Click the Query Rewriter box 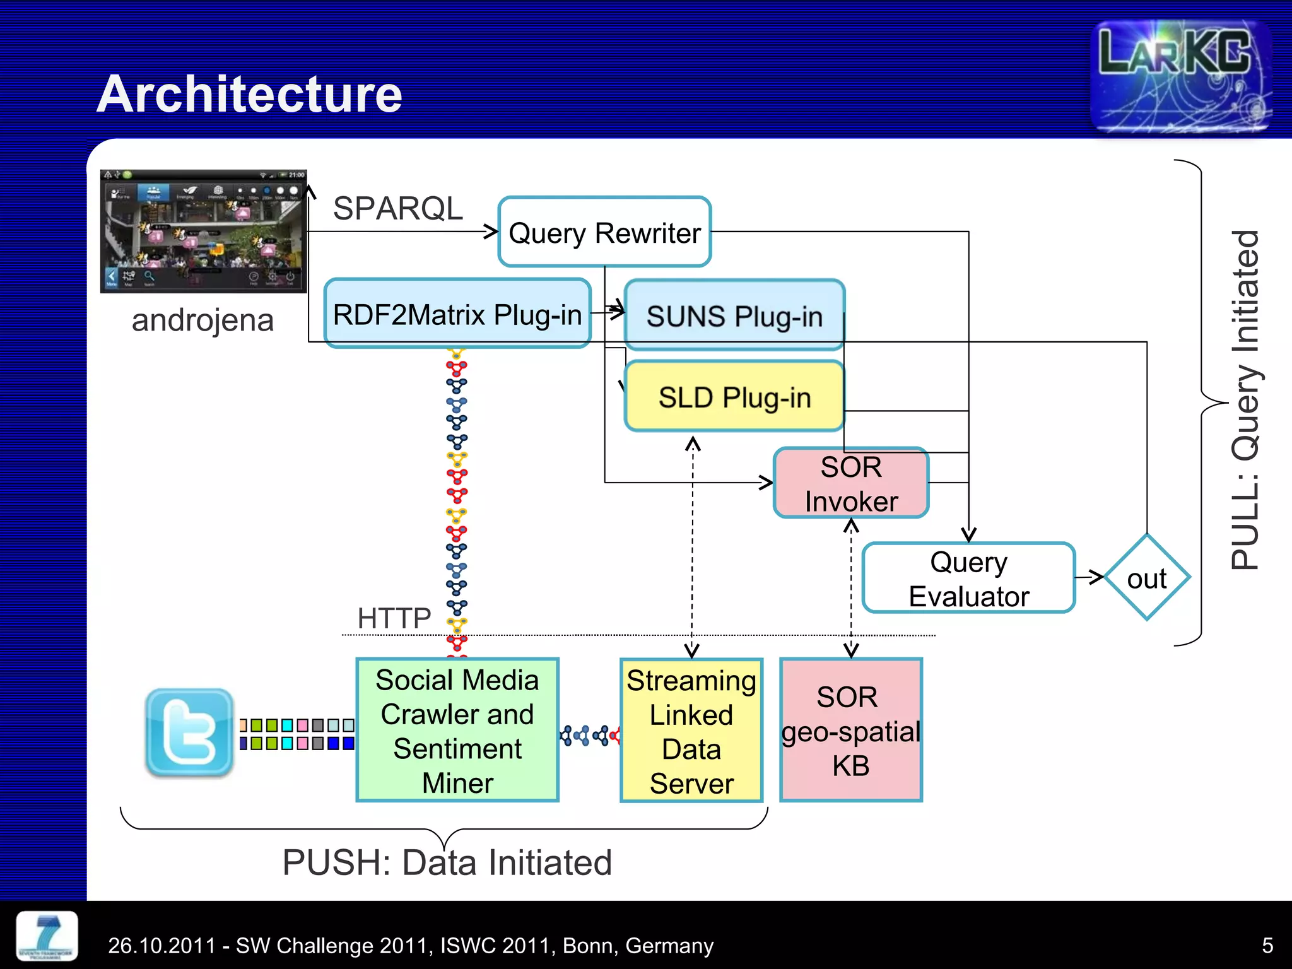point(604,232)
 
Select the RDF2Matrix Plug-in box point(457,314)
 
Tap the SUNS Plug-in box point(734,315)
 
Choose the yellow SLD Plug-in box point(734,397)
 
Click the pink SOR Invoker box point(850,483)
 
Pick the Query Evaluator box point(968,578)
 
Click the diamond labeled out point(1146,578)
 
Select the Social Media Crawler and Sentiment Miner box point(457,731)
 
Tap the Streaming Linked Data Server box point(691,731)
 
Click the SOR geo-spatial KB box point(850,731)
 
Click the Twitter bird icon point(189,732)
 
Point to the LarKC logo point(1180,76)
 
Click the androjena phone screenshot point(203,231)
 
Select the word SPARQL point(397,208)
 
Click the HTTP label point(394,618)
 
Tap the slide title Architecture point(249,94)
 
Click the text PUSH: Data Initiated point(447,862)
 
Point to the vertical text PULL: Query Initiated point(1245,401)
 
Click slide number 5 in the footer point(1267,945)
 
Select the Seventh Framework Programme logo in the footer point(47,936)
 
